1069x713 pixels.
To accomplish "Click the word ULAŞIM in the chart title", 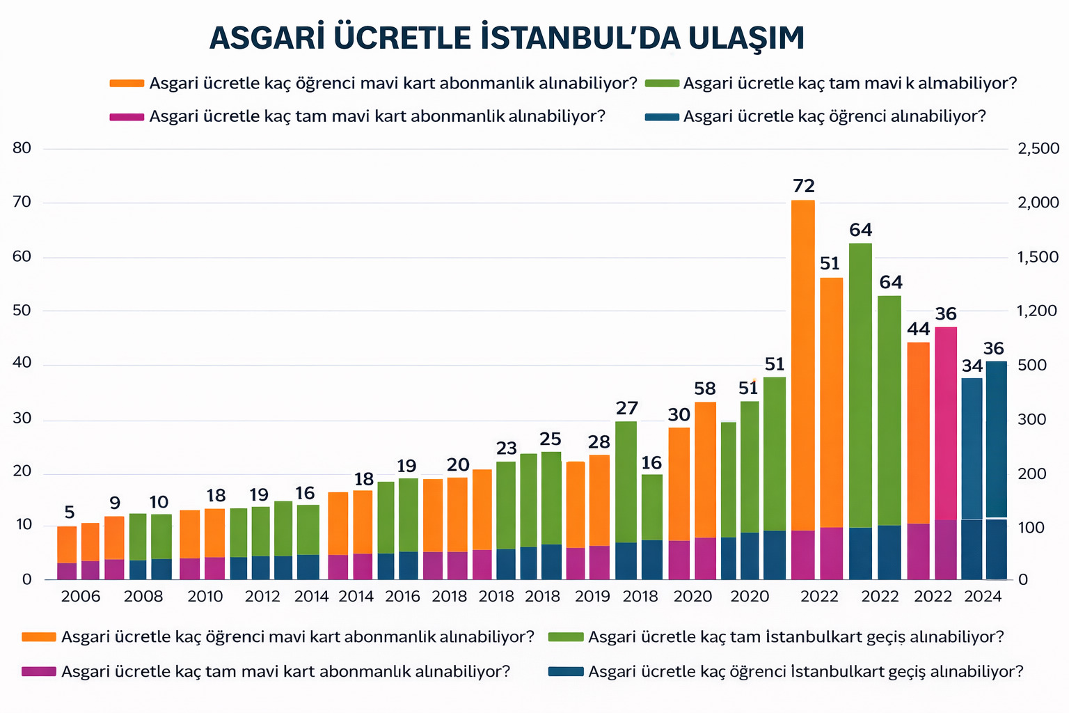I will pyautogui.click(x=746, y=38).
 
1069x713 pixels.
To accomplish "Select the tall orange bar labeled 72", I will pyautogui.click(x=803, y=362).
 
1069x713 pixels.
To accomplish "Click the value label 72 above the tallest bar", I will pyautogui.click(x=803, y=186).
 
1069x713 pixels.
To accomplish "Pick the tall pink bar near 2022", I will pyautogui.click(x=946, y=425).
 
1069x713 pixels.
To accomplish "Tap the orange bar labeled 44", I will pyautogui.click(x=918, y=432).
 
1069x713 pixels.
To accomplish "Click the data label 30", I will pyautogui.click(x=679, y=415).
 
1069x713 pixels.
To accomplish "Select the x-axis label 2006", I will pyautogui.click(x=81, y=597).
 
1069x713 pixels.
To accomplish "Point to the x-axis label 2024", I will pyautogui.click(x=983, y=597).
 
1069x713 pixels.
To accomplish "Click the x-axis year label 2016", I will pyautogui.click(x=402, y=597).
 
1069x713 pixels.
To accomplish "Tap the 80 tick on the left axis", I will pyautogui.click(x=22, y=148).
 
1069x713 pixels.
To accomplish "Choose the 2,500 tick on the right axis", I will pyautogui.click(x=1038, y=148).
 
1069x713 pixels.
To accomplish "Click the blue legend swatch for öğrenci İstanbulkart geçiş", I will pyautogui.click(x=565, y=672).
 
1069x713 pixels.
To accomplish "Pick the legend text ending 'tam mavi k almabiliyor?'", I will pyautogui.click(x=850, y=84).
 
